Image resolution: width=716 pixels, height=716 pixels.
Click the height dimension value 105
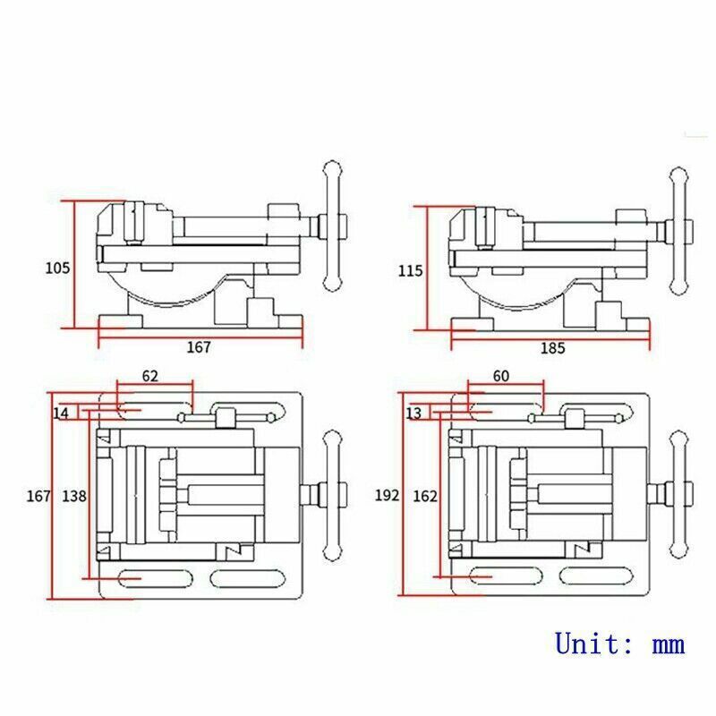click(x=57, y=267)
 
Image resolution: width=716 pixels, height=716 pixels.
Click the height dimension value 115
click(x=413, y=269)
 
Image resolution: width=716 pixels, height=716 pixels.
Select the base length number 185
click(x=552, y=349)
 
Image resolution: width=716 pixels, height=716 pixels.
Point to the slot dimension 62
click(x=150, y=377)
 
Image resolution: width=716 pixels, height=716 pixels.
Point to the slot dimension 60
click(x=500, y=377)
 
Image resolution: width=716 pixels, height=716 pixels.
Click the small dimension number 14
click(x=61, y=413)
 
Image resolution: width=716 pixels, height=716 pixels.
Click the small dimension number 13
click(x=413, y=413)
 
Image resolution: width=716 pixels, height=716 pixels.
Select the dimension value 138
click(x=74, y=495)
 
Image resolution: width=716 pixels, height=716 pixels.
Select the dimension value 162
click(x=425, y=495)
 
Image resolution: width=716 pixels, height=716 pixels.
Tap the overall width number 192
click(x=388, y=495)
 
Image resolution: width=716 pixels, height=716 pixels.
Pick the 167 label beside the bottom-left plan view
click(x=38, y=495)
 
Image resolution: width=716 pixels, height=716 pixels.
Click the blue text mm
click(x=668, y=644)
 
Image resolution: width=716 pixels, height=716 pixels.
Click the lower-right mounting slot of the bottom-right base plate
click(x=595, y=577)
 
